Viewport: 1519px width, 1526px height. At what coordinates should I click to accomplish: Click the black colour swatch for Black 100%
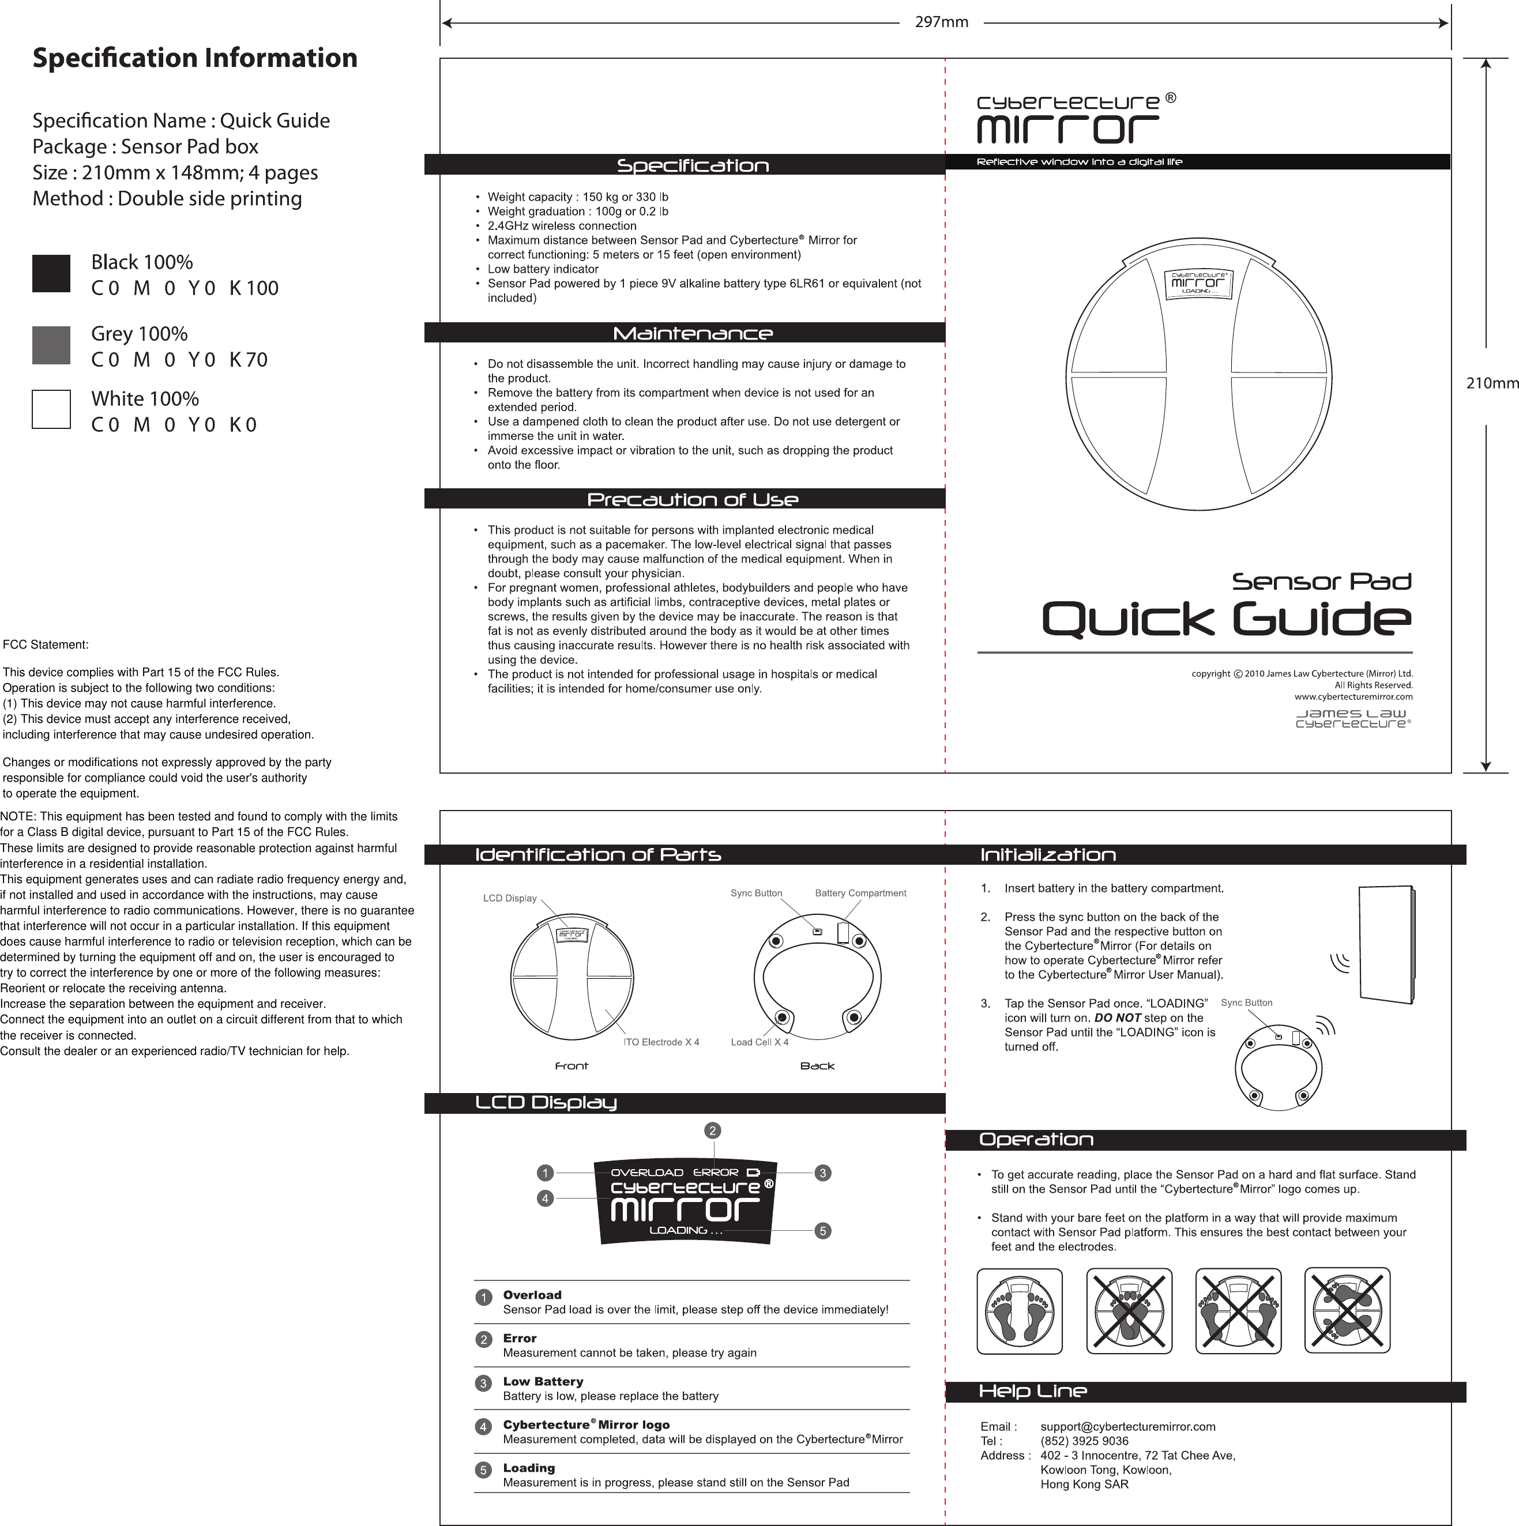tap(51, 273)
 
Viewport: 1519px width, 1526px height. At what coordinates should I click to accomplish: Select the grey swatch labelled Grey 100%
tap(51, 345)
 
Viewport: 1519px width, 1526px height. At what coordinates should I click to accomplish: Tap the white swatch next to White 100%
tap(51, 409)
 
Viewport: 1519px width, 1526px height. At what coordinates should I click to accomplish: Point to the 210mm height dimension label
tap(1492, 384)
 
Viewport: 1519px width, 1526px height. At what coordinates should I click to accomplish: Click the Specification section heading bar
tap(692, 165)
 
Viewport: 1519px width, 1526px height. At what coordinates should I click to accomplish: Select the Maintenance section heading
tap(692, 333)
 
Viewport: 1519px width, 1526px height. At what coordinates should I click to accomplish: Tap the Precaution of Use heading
tap(692, 499)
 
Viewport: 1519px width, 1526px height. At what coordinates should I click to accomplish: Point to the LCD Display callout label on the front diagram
tap(509, 898)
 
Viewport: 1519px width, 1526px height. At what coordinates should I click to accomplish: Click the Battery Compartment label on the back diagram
tap(860, 894)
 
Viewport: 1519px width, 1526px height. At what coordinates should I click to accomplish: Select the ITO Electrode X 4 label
tap(661, 1042)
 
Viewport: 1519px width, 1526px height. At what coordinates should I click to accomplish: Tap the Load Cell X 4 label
tap(759, 1042)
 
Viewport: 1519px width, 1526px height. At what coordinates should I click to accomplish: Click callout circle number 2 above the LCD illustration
tap(713, 1131)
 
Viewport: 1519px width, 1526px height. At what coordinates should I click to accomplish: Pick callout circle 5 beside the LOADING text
tap(823, 1231)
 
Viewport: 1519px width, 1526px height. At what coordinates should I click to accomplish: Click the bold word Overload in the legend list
tap(532, 1295)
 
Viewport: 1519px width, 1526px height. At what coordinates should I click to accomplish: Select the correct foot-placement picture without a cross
tap(1019, 1311)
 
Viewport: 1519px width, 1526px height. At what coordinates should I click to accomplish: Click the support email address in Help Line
tap(1127, 1426)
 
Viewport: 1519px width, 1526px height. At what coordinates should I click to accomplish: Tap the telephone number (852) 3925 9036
tap(1084, 1441)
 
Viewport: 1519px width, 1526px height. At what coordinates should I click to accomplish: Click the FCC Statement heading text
tap(46, 645)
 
